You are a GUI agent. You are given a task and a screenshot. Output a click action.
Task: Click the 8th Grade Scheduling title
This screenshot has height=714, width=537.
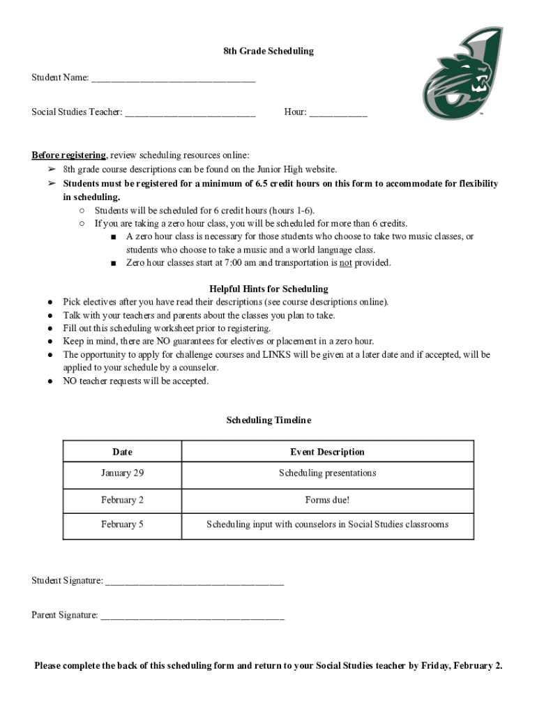(x=268, y=51)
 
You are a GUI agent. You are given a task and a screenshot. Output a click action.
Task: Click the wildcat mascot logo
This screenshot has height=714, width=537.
(x=462, y=74)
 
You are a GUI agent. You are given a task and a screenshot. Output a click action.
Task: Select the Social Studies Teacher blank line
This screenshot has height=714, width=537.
(x=190, y=113)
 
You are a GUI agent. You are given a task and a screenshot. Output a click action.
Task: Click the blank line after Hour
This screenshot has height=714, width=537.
(x=338, y=113)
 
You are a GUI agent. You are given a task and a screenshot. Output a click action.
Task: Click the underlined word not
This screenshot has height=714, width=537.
(x=345, y=263)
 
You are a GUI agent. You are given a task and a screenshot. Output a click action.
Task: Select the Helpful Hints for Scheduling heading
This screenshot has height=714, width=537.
(x=268, y=289)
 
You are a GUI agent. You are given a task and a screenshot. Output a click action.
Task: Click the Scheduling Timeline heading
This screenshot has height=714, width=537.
(x=268, y=420)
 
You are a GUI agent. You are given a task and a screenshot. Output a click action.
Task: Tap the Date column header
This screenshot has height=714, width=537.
(x=122, y=452)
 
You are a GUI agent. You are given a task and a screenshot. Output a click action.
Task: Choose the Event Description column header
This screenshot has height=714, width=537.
(x=327, y=452)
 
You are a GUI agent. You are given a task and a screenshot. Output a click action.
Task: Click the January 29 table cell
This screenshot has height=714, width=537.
(x=122, y=473)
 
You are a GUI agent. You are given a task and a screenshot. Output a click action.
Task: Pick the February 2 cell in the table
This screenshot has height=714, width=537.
(x=122, y=500)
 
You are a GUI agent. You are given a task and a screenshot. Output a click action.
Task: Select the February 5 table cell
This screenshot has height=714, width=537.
(x=122, y=524)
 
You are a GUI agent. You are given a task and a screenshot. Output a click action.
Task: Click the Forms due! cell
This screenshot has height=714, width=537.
(x=327, y=500)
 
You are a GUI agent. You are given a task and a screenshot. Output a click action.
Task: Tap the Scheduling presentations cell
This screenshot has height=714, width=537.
(x=327, y=473)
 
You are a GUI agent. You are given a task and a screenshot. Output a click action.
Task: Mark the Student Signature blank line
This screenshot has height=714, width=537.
(x=195, y=582)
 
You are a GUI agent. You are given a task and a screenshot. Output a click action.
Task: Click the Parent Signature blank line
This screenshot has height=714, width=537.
(x=192, y=616)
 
